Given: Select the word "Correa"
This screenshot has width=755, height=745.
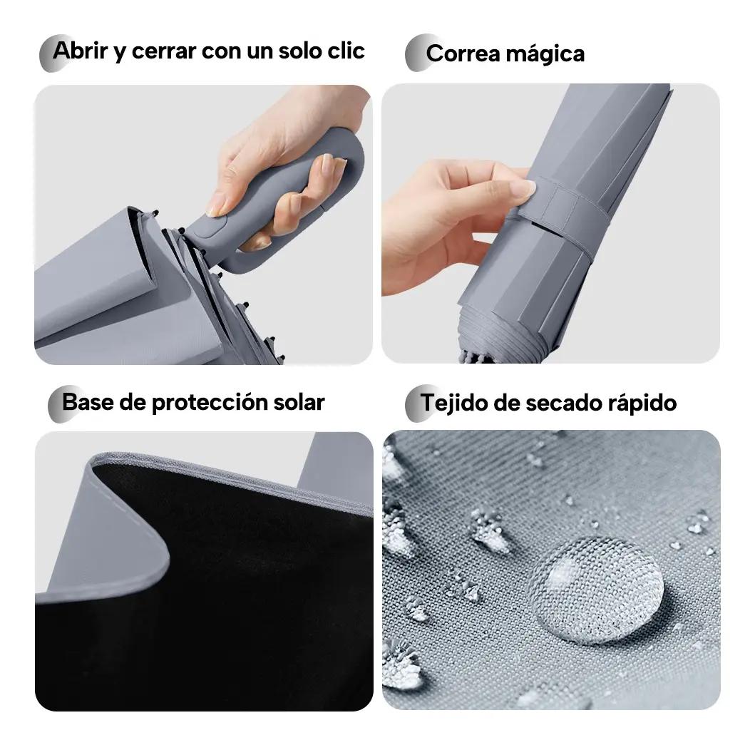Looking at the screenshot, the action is tap(463, 53).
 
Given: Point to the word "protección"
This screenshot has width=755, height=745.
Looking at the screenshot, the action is tap(210, 403).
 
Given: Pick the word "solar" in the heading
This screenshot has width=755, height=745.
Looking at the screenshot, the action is tap(299, 402).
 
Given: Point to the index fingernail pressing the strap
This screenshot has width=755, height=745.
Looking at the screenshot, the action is tap(523, 187).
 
